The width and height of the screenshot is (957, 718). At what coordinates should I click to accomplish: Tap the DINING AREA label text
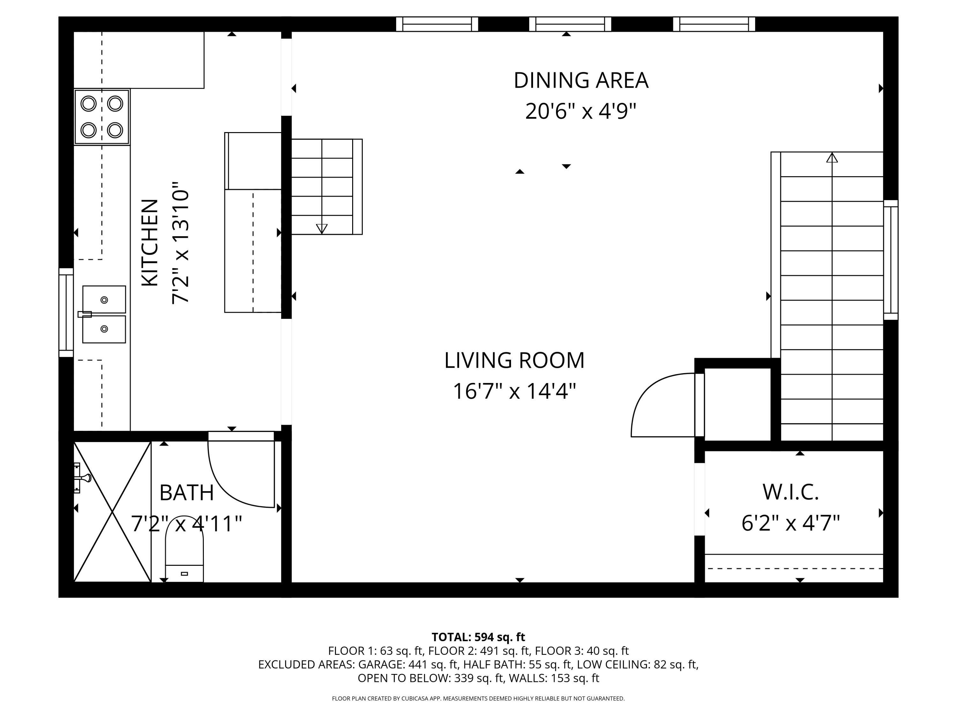[x=581, y=80]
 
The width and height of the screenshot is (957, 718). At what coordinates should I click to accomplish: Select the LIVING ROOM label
[x=515, y=361]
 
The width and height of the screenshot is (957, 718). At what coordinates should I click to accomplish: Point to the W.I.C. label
[x=791, y=492]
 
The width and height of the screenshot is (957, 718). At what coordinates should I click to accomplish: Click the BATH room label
[x=187, y=493]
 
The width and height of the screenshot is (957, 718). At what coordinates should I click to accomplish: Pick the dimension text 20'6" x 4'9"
[x=581, y=112]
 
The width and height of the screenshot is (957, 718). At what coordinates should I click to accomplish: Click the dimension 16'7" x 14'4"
[x=515, y=392]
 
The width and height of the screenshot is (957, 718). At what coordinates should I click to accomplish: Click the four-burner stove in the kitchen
[x=102, y=117]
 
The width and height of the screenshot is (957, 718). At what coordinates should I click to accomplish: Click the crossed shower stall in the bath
[x=113, y=512]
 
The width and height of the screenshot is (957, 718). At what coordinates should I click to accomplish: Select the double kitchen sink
[x=104, y=314]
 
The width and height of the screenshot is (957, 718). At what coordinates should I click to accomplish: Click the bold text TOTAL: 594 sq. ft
[x=478, y=637]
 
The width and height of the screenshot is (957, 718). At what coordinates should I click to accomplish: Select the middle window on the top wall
[x=570, y=24]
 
